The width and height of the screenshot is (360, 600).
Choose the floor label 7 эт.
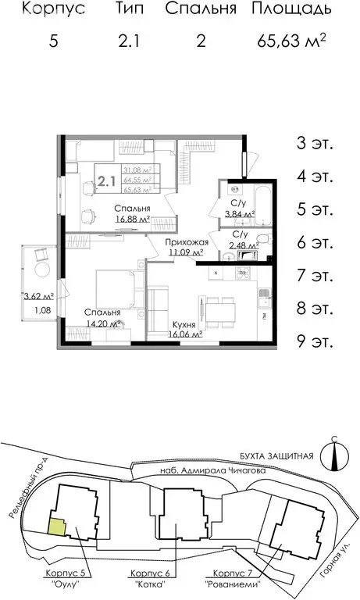(x=315, y=276)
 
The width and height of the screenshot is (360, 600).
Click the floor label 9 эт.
(x=315, y=341)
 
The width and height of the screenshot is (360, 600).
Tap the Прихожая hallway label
(x=186, y=243)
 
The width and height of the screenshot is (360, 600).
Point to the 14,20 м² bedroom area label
(x=104, y=323)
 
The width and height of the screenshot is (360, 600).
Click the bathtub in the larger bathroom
(x=262, y=202)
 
